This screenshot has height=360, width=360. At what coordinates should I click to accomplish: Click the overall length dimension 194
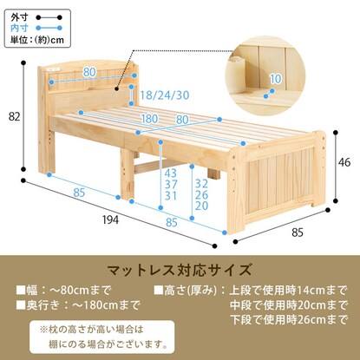click(x=110, y=220)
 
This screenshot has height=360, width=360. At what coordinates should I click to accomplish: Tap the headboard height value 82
click(x=15, y=117)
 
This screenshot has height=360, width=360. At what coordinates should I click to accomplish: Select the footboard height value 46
click(x=344, y=162)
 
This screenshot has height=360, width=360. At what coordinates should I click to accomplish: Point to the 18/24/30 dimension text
click(x=165, y=95)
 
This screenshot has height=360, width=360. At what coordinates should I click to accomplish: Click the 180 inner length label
click(x=149, y=119)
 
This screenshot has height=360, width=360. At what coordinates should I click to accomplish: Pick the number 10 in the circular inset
click(x=276, y=79)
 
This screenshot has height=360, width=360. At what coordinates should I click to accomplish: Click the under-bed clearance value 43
click(x=171, y=173)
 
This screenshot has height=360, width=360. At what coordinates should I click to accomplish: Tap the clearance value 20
click(x=201, y=206)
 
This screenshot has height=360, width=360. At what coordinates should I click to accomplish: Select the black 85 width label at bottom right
click(x=298, y=232)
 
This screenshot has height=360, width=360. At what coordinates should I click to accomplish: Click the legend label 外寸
click(x=19, y=17)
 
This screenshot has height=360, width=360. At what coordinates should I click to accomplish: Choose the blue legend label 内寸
click(x=19, y=28)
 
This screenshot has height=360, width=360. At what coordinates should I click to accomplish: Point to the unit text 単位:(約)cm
click(x=37, y=40)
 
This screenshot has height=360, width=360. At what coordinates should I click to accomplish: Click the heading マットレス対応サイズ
click(x=180, y=270)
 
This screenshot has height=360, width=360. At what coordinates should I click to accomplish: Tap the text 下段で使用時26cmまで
click(x=288, y=320)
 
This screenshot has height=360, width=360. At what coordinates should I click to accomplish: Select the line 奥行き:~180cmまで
click(x=78, y=305)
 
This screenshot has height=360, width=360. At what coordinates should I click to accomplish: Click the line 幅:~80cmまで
click(x=63, y=291)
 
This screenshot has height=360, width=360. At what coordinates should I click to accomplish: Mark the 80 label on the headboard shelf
click(x=89, y=72)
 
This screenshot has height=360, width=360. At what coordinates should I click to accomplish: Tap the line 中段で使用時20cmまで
click(x=288, y=305)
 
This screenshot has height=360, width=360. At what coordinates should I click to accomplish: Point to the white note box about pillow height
click(x=101, y=337)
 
